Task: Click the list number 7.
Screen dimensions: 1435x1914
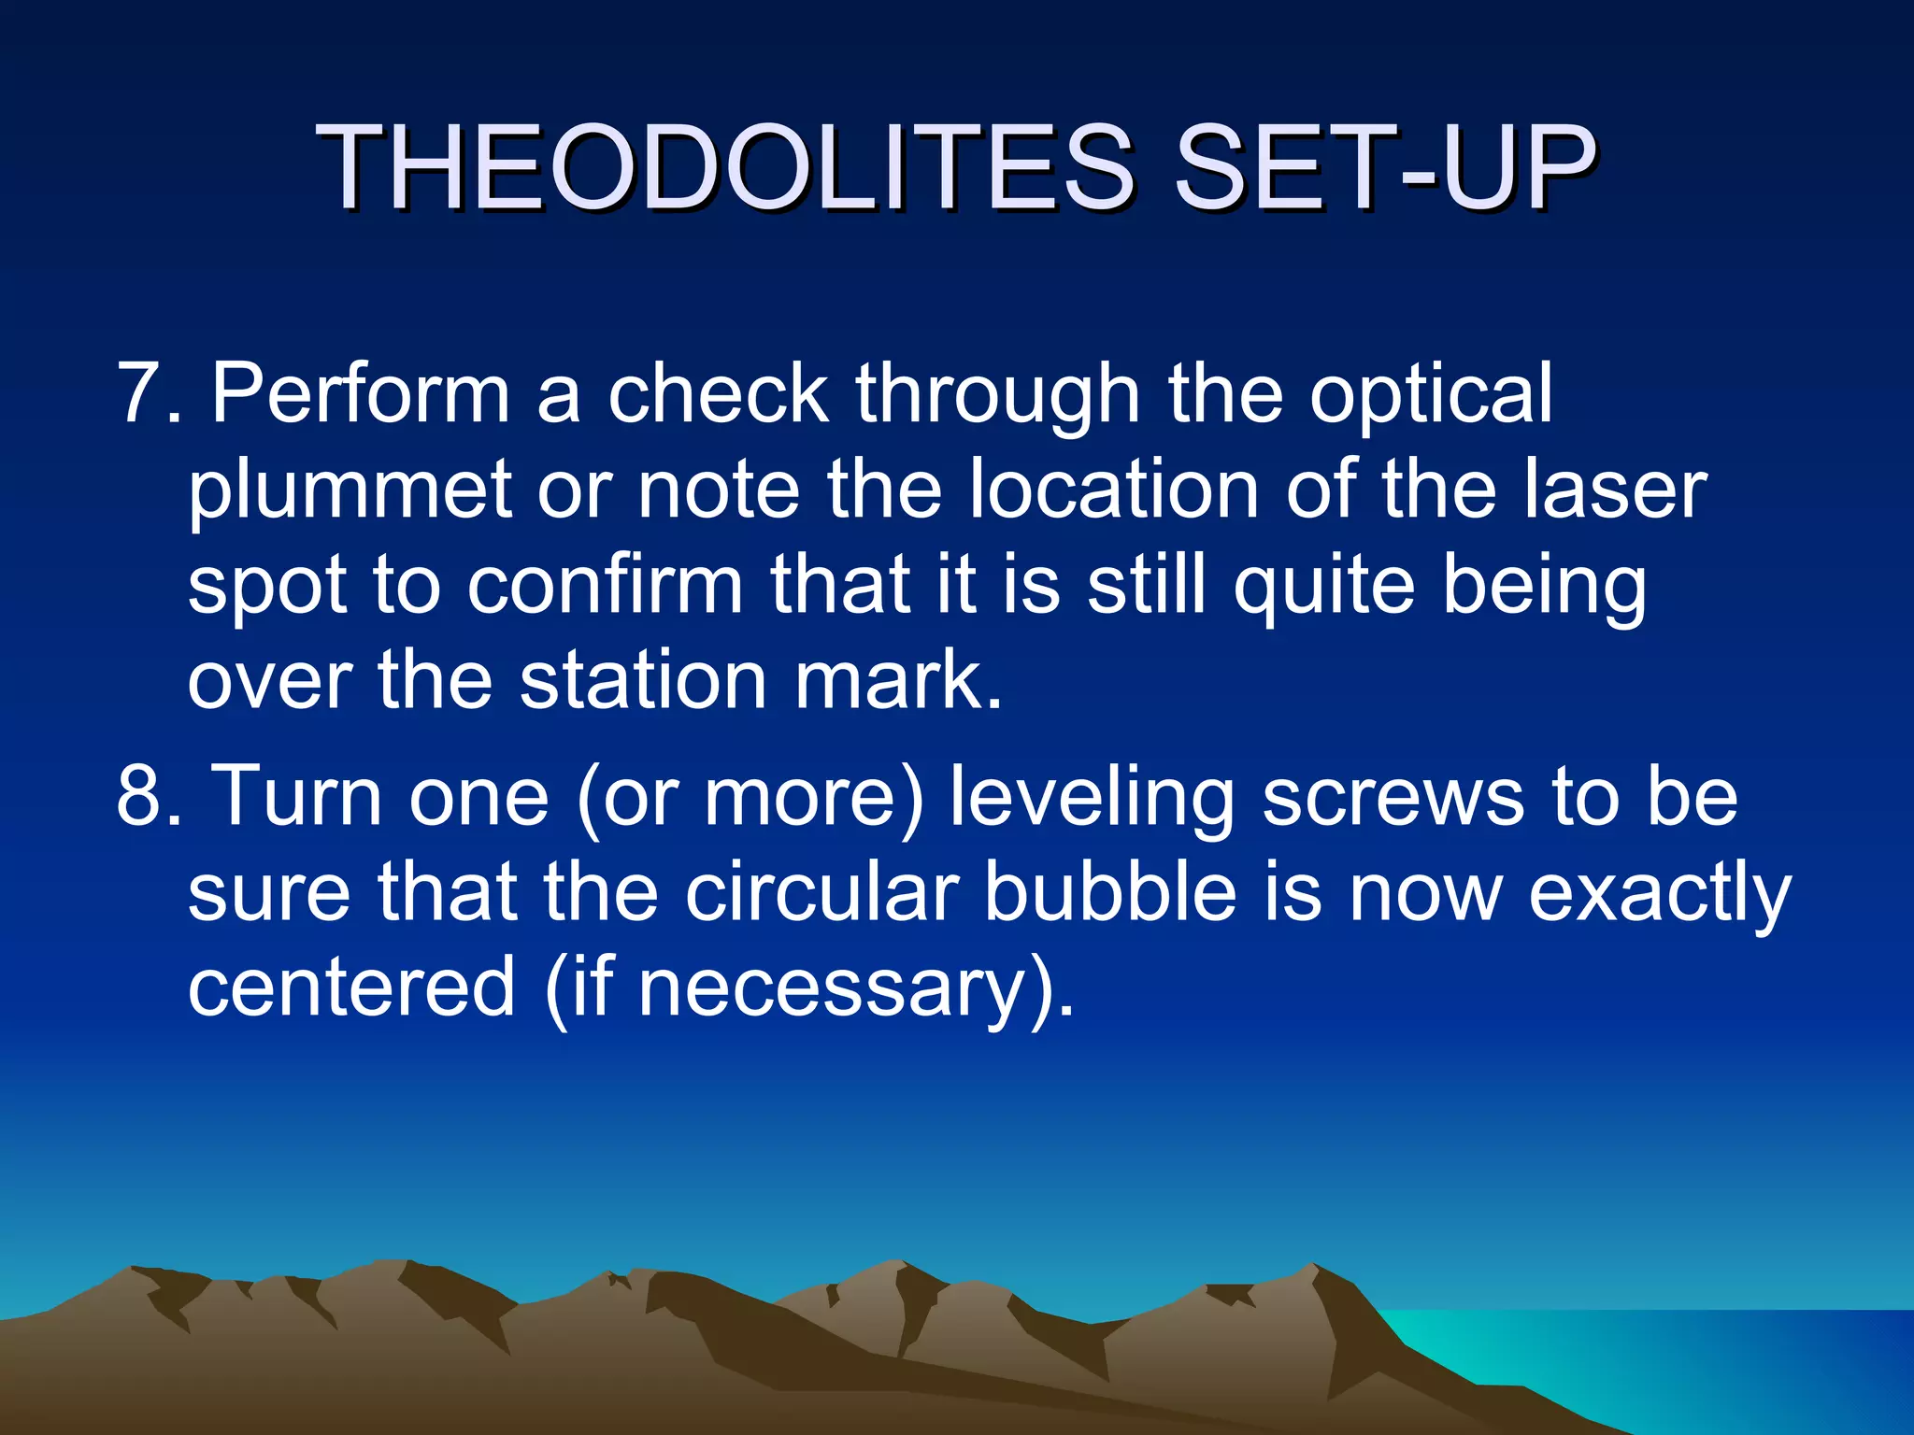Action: tap(140, 394)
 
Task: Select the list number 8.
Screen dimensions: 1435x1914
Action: tap(140, 797)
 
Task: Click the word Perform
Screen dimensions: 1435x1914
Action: tap(360, 394)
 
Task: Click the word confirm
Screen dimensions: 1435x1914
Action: tap(605, 587)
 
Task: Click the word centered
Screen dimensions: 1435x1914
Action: tap(352, 988)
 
